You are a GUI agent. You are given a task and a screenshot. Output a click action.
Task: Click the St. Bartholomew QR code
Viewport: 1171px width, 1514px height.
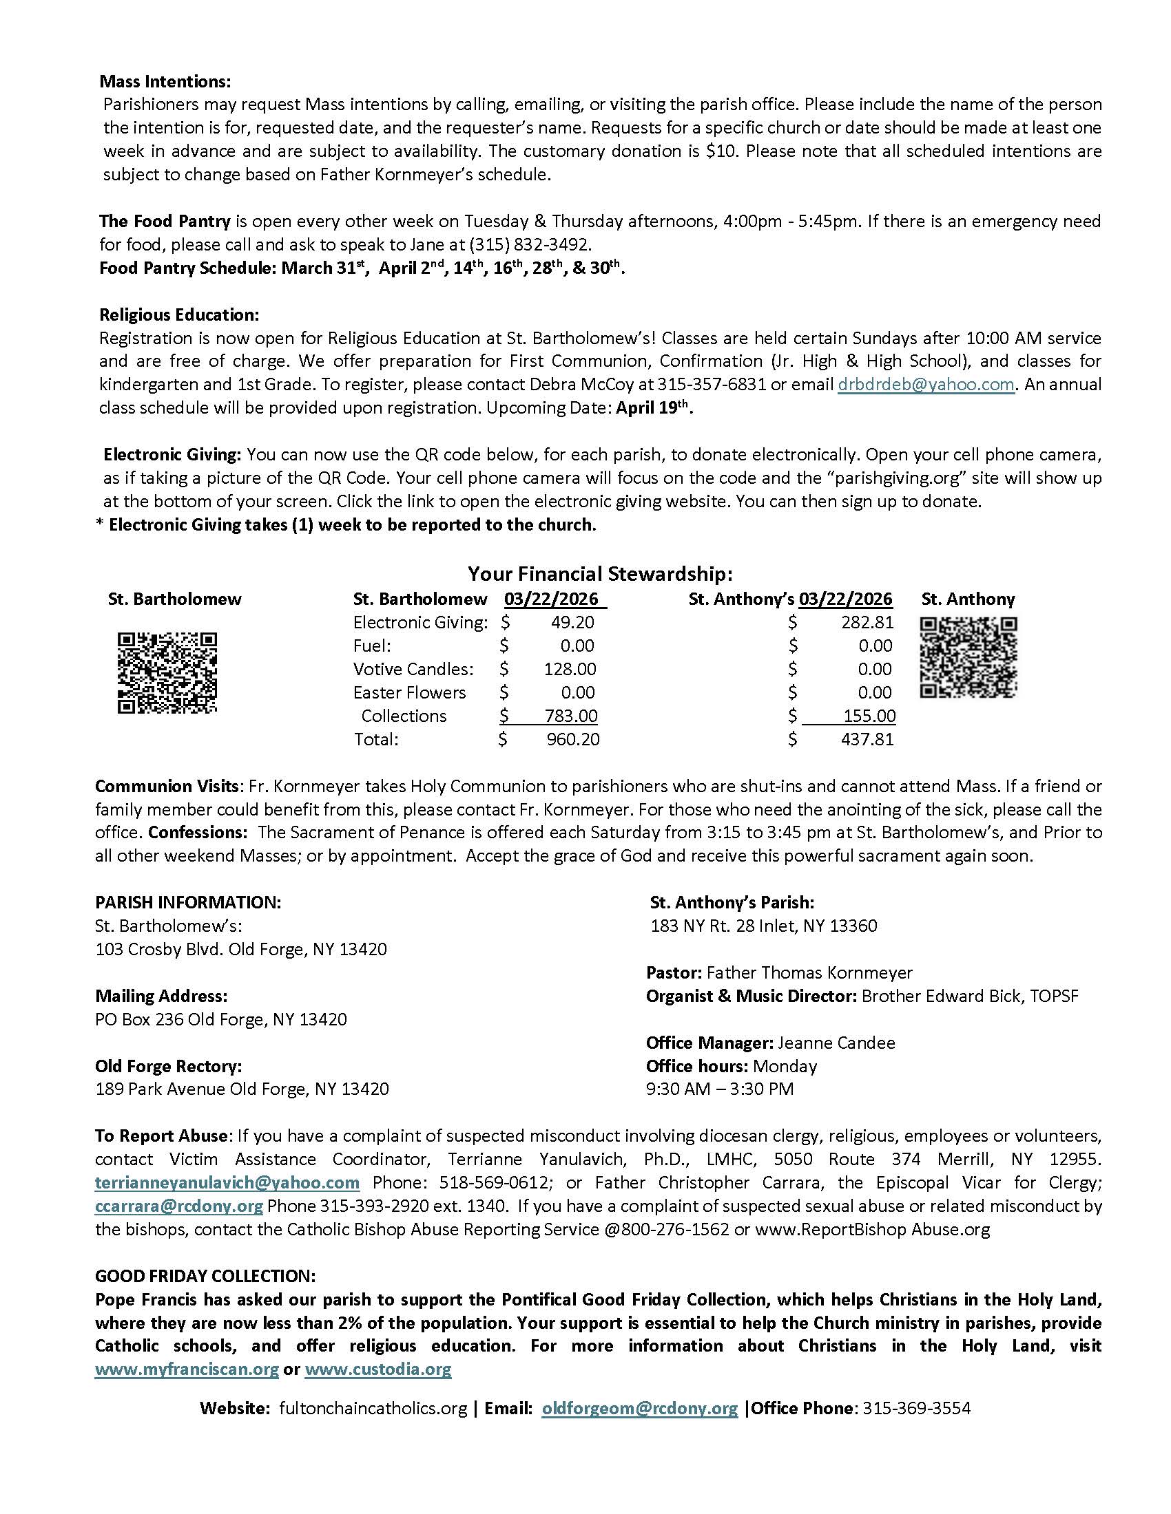[167, 672]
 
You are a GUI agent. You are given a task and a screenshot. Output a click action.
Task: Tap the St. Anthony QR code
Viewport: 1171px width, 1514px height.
[968, 657]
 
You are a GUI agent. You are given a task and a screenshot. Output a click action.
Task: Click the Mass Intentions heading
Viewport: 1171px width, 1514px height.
[165, 81]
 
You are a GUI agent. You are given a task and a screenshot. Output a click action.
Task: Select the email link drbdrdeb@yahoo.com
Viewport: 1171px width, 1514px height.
[926, 385]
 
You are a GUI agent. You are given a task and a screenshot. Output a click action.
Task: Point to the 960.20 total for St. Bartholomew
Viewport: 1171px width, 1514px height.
[573, 740]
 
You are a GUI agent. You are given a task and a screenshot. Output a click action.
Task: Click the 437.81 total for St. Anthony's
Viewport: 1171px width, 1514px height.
[867, 740]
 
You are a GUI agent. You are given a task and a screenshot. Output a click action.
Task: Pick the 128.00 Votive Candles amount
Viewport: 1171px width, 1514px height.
[570, 669]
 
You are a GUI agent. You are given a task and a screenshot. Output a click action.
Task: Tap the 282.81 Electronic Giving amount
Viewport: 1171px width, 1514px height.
[867, 623]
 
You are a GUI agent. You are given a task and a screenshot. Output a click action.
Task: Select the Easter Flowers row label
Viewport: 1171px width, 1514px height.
[409, 692]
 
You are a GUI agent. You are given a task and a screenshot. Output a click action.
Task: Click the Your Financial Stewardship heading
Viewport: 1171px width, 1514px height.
[600, 574]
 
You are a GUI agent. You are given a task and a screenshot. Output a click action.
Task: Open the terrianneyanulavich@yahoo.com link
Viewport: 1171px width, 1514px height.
[227, 1182]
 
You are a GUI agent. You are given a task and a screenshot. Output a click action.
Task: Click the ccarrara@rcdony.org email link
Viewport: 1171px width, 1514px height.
[179, 1206]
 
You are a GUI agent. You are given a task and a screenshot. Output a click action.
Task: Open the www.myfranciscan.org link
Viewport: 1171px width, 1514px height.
[187, 1369]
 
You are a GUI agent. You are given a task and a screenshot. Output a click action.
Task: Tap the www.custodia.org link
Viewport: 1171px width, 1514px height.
[378, 1369]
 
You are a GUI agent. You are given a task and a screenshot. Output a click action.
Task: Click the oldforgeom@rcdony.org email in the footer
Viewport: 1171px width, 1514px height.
[640, 1408]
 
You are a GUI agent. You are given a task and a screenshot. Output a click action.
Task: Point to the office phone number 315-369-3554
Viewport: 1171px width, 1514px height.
[916, 1408]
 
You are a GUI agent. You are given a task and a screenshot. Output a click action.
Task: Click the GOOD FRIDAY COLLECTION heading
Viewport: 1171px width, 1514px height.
[205, 1275]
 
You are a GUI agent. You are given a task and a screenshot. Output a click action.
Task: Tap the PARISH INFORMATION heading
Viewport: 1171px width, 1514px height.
[188, 903]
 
